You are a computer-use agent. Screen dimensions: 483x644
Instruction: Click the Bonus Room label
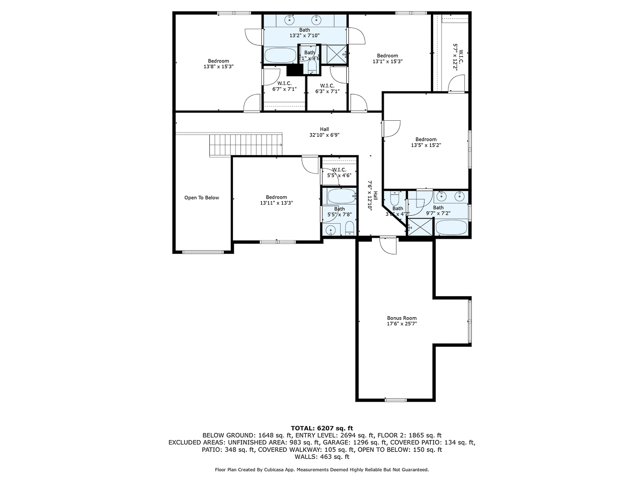click(x=401, y=318)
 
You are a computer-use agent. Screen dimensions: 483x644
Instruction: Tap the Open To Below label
click(x=202, y=197)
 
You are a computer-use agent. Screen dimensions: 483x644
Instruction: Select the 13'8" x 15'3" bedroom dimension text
click(x=218, y=67)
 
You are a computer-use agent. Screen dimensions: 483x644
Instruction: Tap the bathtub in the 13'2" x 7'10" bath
click(x=280, y=55)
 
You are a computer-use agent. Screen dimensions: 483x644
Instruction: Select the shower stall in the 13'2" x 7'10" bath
click(x=336, y=54)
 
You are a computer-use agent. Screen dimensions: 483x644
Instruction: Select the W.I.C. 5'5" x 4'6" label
click(x=339, y=172)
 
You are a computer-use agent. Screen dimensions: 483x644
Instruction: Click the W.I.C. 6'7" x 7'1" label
click(x=284, y=86)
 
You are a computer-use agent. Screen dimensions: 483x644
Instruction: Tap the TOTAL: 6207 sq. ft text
click(x=322, y=428)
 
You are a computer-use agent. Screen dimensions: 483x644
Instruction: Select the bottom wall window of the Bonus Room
click(x=396, y=400)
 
